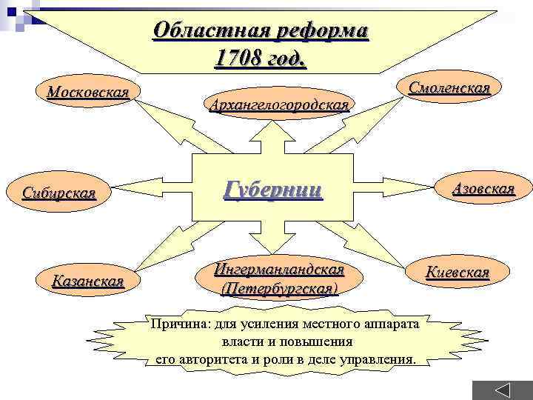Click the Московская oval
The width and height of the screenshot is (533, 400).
coord(87,93)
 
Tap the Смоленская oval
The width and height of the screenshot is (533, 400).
coord(449,88)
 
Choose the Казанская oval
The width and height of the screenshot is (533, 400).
coord(87,281)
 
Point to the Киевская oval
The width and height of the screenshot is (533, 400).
coord(457,272)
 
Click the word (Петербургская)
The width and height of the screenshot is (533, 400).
coord(278,287)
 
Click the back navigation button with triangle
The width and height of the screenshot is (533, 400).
coord(503,388)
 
